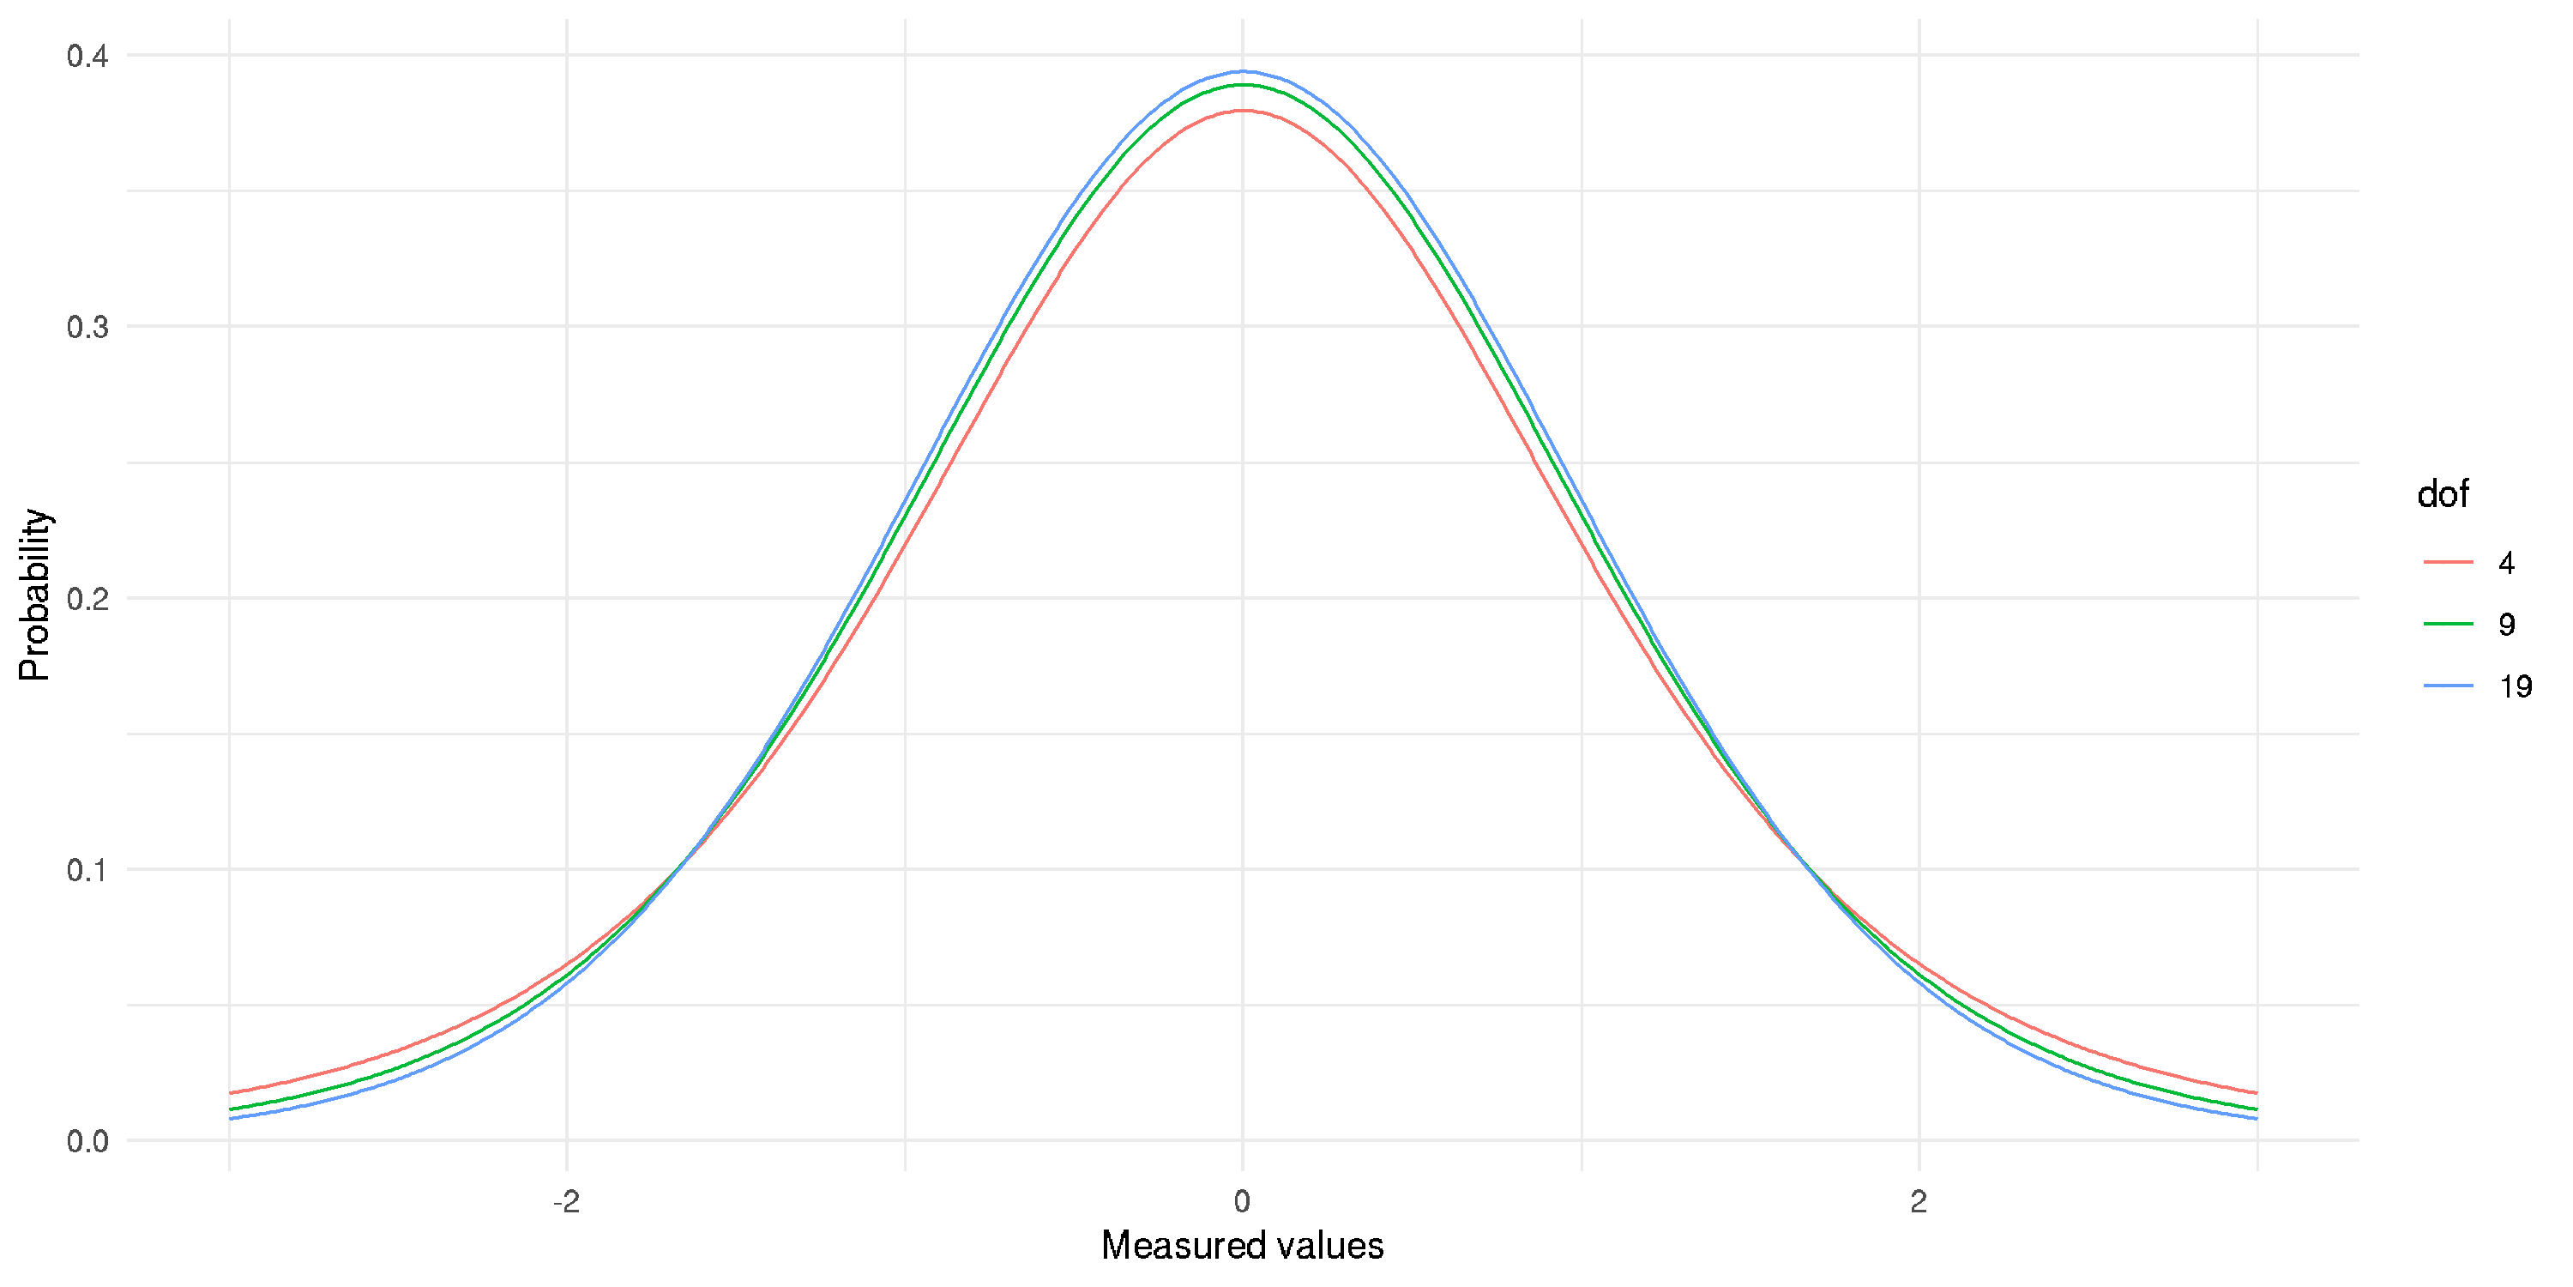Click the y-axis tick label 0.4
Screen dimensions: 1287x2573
(87, 56)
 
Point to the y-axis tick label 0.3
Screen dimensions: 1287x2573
(87, 327)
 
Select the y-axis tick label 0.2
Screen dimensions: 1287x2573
(87, 599)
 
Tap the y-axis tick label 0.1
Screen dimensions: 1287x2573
(87, 869)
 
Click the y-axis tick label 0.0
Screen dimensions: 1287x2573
(87, 1141)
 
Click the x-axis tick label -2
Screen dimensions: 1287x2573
(566, 1201)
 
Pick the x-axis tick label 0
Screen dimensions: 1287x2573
(1242, 1201)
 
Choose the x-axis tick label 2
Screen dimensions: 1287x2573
(1918, 1201)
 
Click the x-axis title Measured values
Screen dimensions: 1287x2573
(1242, 1246)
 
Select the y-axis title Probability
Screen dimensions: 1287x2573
(34, 595)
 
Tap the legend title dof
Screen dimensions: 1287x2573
(2442, 494)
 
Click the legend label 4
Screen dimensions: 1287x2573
(2506, 564)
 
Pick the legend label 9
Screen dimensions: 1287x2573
(2506, 625)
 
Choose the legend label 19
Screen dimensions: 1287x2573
(2515, 686)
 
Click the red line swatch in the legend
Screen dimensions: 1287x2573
(2448, 564)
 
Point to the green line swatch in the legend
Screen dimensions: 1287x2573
(2448, 625)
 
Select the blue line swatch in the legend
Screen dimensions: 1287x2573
(2448, 686)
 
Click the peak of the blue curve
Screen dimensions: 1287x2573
(1242, 71)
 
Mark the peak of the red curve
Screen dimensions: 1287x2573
(1242, 110)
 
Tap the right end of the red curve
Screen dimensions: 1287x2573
(2257, 1093)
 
